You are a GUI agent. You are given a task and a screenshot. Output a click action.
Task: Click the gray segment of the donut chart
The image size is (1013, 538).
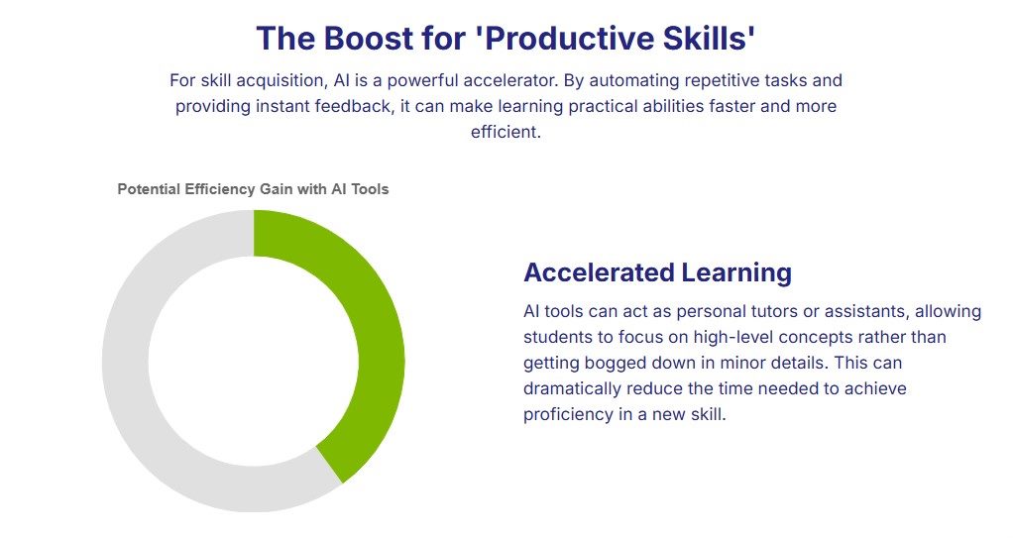(126, 362)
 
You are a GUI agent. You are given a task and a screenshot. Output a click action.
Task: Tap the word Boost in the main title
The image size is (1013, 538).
(369, 38)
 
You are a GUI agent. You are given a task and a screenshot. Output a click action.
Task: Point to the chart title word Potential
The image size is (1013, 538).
(150, 189)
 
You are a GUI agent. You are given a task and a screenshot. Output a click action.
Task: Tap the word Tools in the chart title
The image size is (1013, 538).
(370, 189)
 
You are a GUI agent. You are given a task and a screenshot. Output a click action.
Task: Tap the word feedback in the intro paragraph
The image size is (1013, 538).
(354, 106)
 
